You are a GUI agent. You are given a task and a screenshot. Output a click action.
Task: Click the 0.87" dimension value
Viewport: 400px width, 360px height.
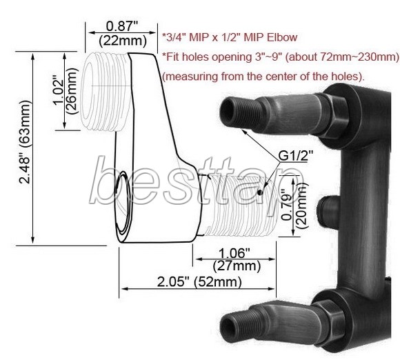point(122,26)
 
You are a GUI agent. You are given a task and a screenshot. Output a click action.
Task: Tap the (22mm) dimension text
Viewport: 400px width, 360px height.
point(123,41)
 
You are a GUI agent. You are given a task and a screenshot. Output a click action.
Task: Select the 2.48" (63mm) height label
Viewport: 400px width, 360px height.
point(26,142)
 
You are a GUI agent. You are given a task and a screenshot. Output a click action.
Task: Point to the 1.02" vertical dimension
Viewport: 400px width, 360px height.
point(58,92)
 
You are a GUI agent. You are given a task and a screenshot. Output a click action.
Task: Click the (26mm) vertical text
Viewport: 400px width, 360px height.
point(71,91)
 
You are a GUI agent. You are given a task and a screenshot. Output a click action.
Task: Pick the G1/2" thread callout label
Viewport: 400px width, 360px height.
point(295,156)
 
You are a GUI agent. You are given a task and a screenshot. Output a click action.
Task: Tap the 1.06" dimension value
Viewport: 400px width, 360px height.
point(234,253)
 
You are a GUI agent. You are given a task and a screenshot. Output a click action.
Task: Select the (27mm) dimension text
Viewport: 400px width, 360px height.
point(237,266)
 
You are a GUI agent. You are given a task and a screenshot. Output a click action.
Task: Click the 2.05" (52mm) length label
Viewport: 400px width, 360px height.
point(199,282)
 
